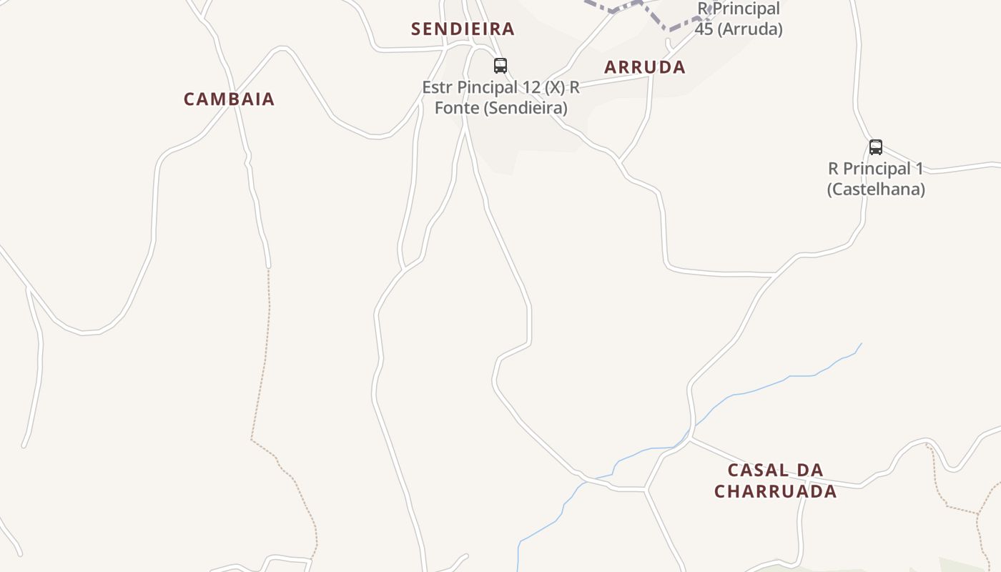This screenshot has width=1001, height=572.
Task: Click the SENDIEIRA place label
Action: (x=463, y=29)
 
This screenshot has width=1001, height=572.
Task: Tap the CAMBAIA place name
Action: (x=229, y=99)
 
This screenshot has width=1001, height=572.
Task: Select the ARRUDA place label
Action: (x=645, y=67)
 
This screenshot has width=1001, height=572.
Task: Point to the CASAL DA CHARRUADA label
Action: (x=776, y=480)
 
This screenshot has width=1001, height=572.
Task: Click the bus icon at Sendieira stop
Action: (x=500, y=66)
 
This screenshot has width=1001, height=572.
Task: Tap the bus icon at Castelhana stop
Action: (x=876, y=147)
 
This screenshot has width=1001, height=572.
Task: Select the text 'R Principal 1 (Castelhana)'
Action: (x=876, y=179)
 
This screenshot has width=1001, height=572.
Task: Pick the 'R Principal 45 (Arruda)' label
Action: (x=739, y=19)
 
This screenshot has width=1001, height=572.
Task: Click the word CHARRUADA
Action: (x=776, y=491)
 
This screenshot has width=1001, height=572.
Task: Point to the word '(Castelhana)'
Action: (x=876, y=189)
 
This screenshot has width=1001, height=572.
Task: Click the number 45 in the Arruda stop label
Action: (x=704, y=29)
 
